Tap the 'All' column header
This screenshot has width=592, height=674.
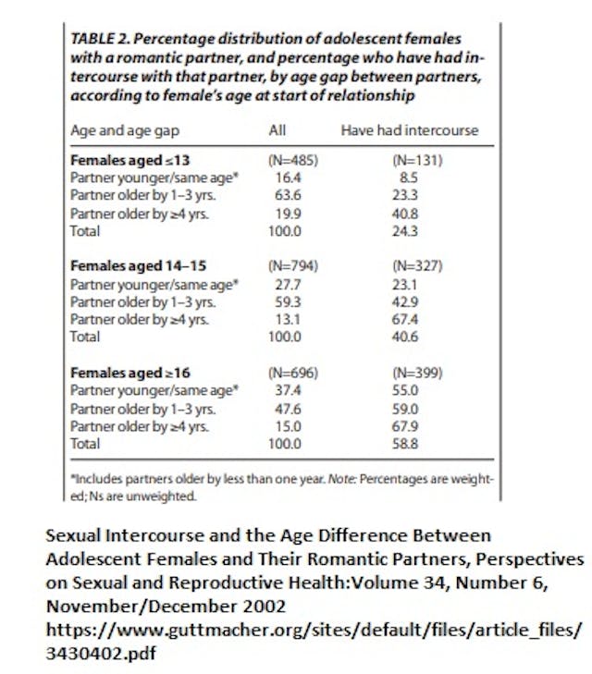point(277,130)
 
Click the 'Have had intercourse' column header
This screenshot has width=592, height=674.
point(409,130)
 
